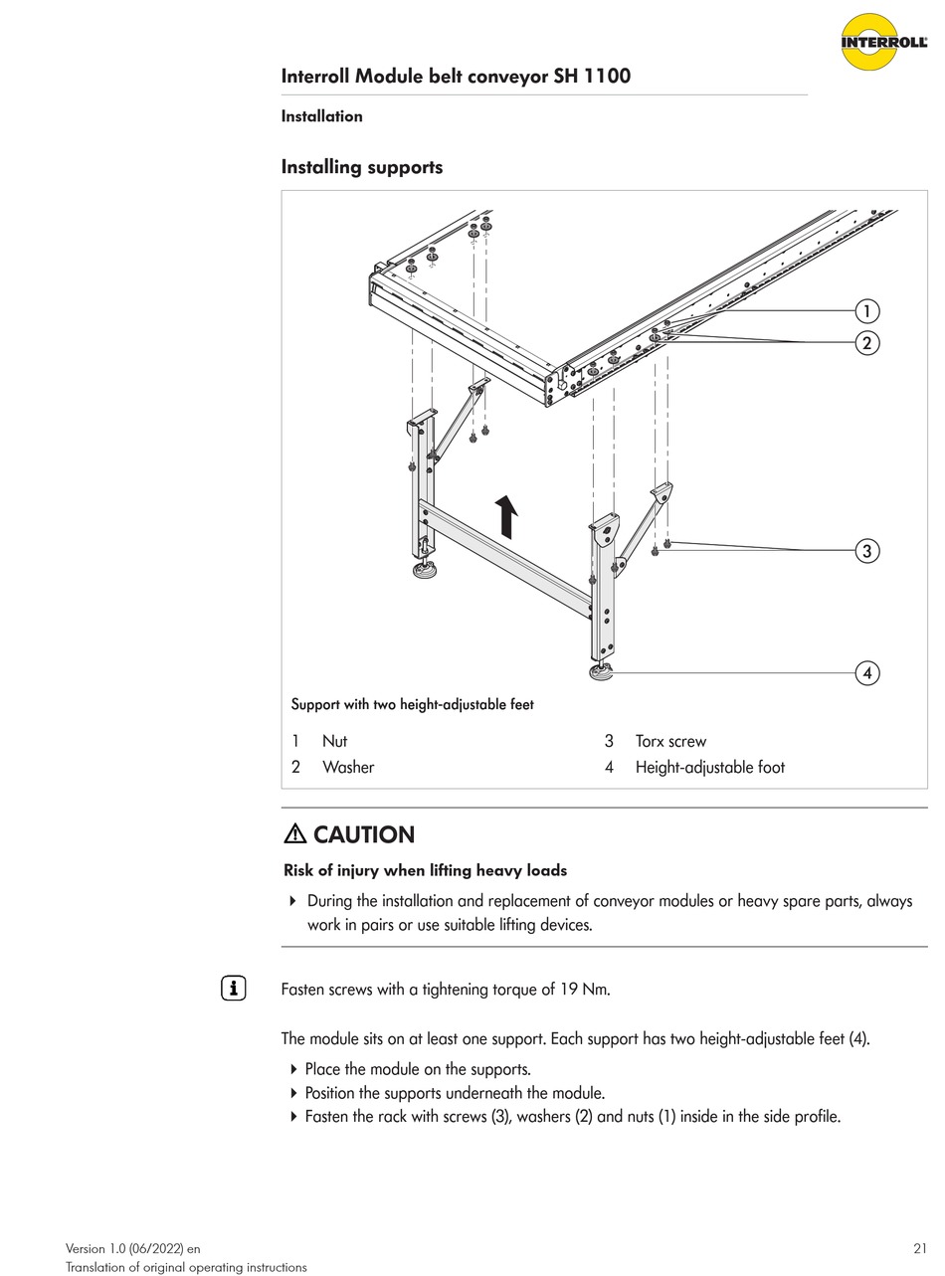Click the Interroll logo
point(883,42)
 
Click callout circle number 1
point(867,311)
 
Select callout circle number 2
point(867,343)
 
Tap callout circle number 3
point(867,551)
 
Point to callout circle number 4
point(867,673)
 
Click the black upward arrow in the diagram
point(507,517)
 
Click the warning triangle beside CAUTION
point(295,834)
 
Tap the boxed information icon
point(233,989)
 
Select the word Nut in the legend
point(334,741)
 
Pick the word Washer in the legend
point(348,767)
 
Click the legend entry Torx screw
point(670,741)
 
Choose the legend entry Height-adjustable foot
point(709,767)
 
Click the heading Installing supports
point(362,167)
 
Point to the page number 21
point(919,1248)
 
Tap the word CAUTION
point(364,834)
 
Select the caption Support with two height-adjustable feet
point(412,705)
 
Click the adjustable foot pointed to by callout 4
point(600,673)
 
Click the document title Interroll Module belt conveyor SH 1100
point(456,77)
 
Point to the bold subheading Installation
point(321,116)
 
